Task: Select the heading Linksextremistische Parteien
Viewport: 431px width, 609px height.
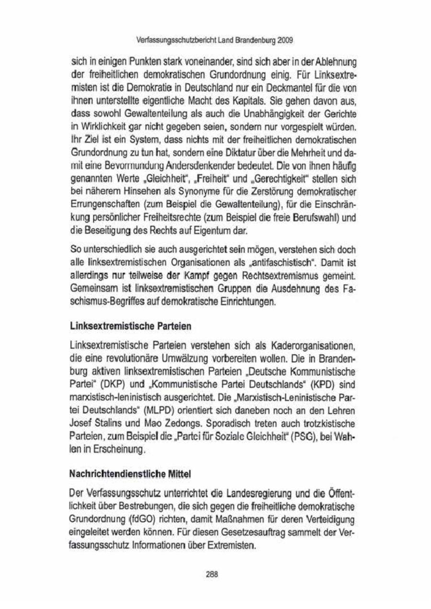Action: click(131, 327)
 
